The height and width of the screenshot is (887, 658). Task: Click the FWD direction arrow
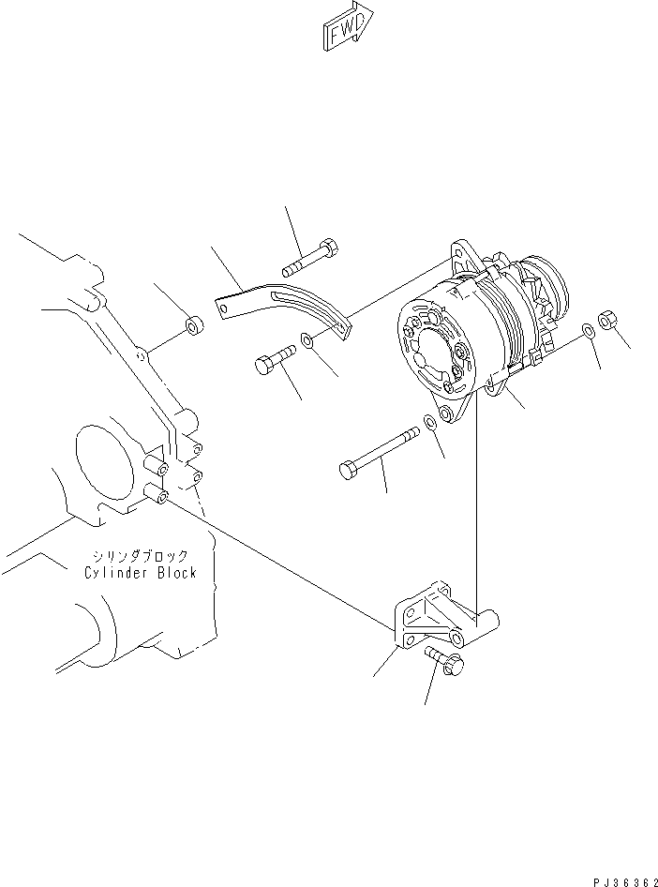click(x=348, y=28)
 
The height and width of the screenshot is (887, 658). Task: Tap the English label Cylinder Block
click(x=140, y=572)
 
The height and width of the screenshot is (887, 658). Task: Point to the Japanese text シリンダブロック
click(x=140, y=555)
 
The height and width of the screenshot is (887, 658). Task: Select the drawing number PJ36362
click(x=621, y=880)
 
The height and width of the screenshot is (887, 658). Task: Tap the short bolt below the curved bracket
click(x=273, y=359)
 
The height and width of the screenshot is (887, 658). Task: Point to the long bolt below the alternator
click(x=379, y=449)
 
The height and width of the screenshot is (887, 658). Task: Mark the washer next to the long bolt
click(x=430, y=421)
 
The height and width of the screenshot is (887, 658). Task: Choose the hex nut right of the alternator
click(x=606, y=322)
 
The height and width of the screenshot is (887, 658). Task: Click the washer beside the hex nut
click(x=586, y=330)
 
